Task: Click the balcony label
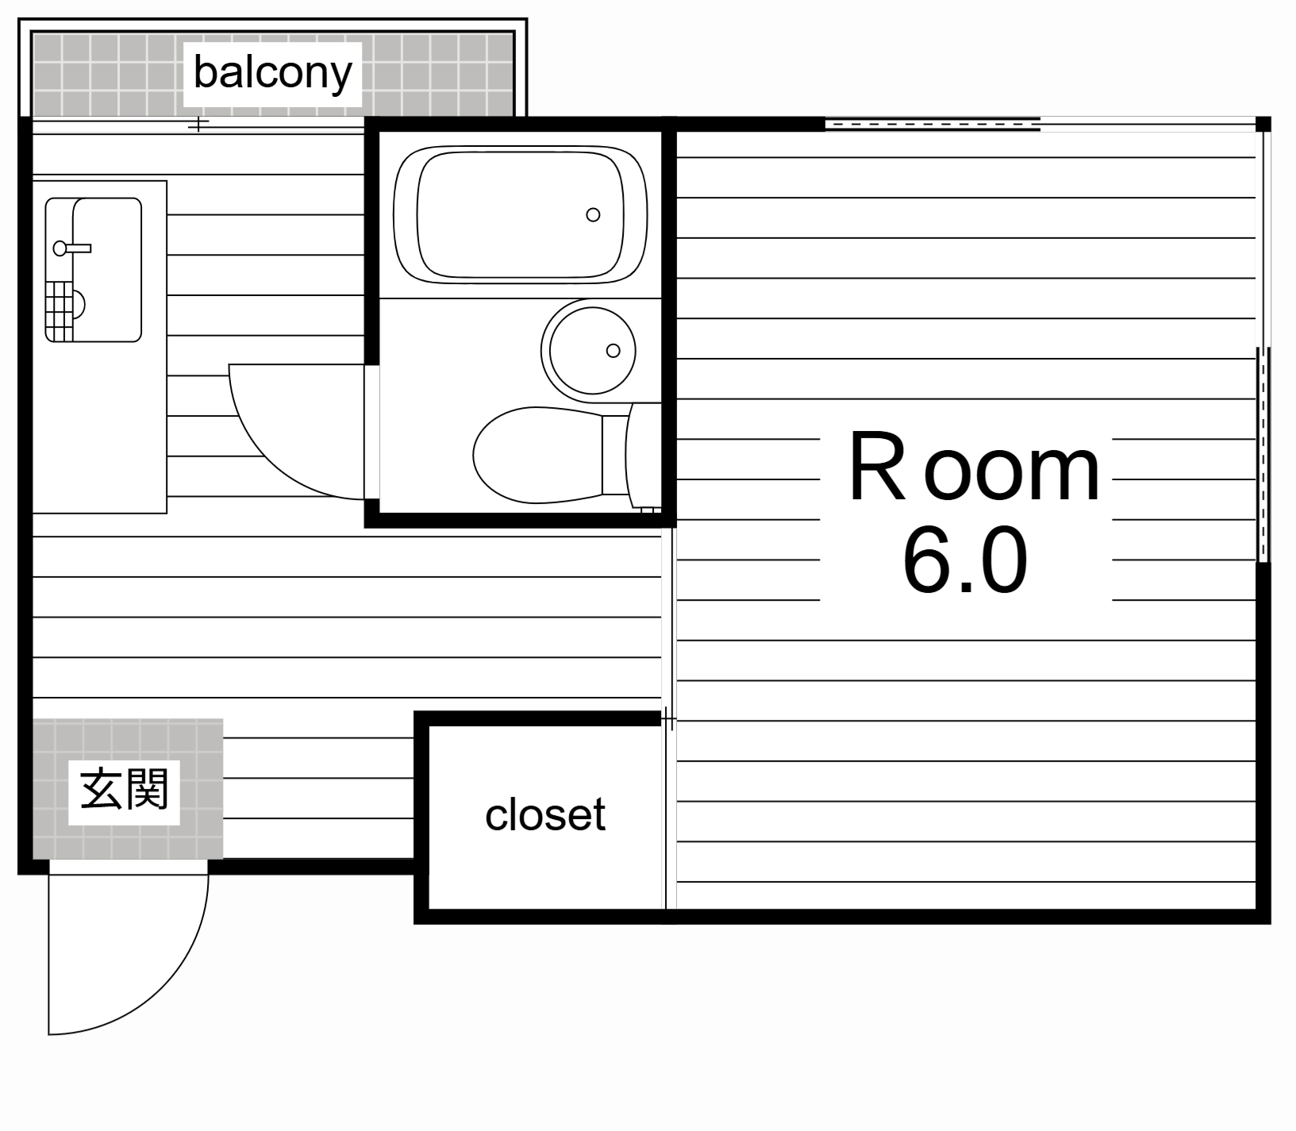[272, 74]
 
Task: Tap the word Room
[974, 471]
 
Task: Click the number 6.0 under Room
[964, 562]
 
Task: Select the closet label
[544, 815]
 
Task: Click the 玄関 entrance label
[125, 790]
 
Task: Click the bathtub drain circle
[593, 214]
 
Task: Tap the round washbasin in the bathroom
[589, 348]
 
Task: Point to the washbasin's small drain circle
[613, 350]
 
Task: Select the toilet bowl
[536, 455]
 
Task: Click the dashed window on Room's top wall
[933, 124]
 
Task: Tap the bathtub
[520, 214]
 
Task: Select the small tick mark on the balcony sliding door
[198, 124]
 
